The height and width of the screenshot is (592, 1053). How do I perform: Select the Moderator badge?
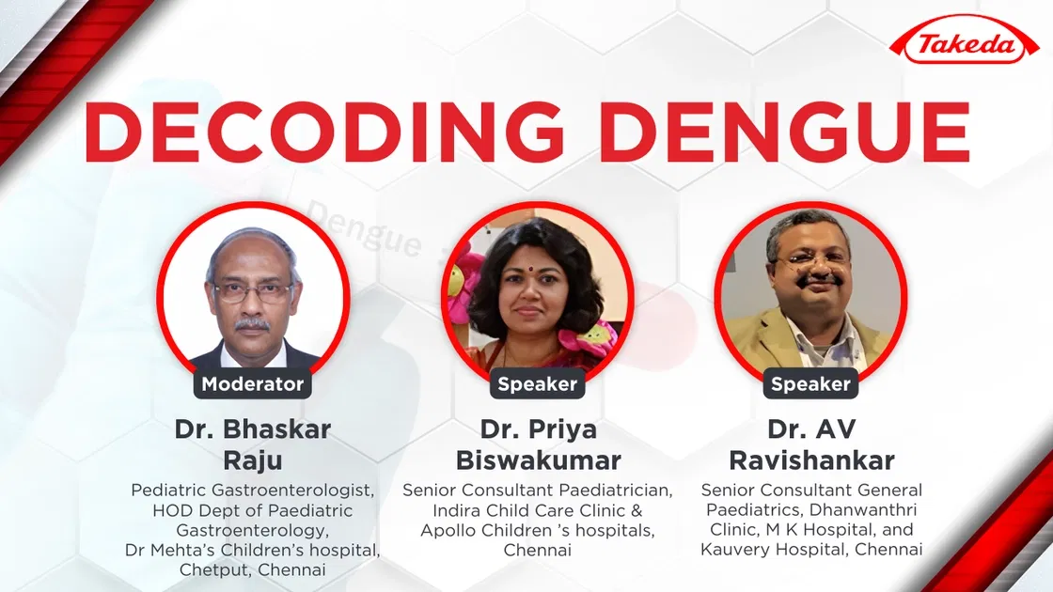252,383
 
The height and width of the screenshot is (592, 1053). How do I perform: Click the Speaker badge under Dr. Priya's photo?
537,383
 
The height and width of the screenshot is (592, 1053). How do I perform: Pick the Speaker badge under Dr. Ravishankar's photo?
809,383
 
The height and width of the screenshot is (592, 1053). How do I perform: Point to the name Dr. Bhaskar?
252,429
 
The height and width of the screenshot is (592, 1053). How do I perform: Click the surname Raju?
252,460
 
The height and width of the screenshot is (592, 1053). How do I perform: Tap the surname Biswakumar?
538,460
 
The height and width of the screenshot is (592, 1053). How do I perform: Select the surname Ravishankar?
811,460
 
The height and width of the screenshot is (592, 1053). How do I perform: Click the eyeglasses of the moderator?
253,291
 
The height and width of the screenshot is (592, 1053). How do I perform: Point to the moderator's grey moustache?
252,323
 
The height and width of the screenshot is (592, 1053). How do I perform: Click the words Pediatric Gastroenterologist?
252,491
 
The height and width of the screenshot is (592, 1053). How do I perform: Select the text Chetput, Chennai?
252,569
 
